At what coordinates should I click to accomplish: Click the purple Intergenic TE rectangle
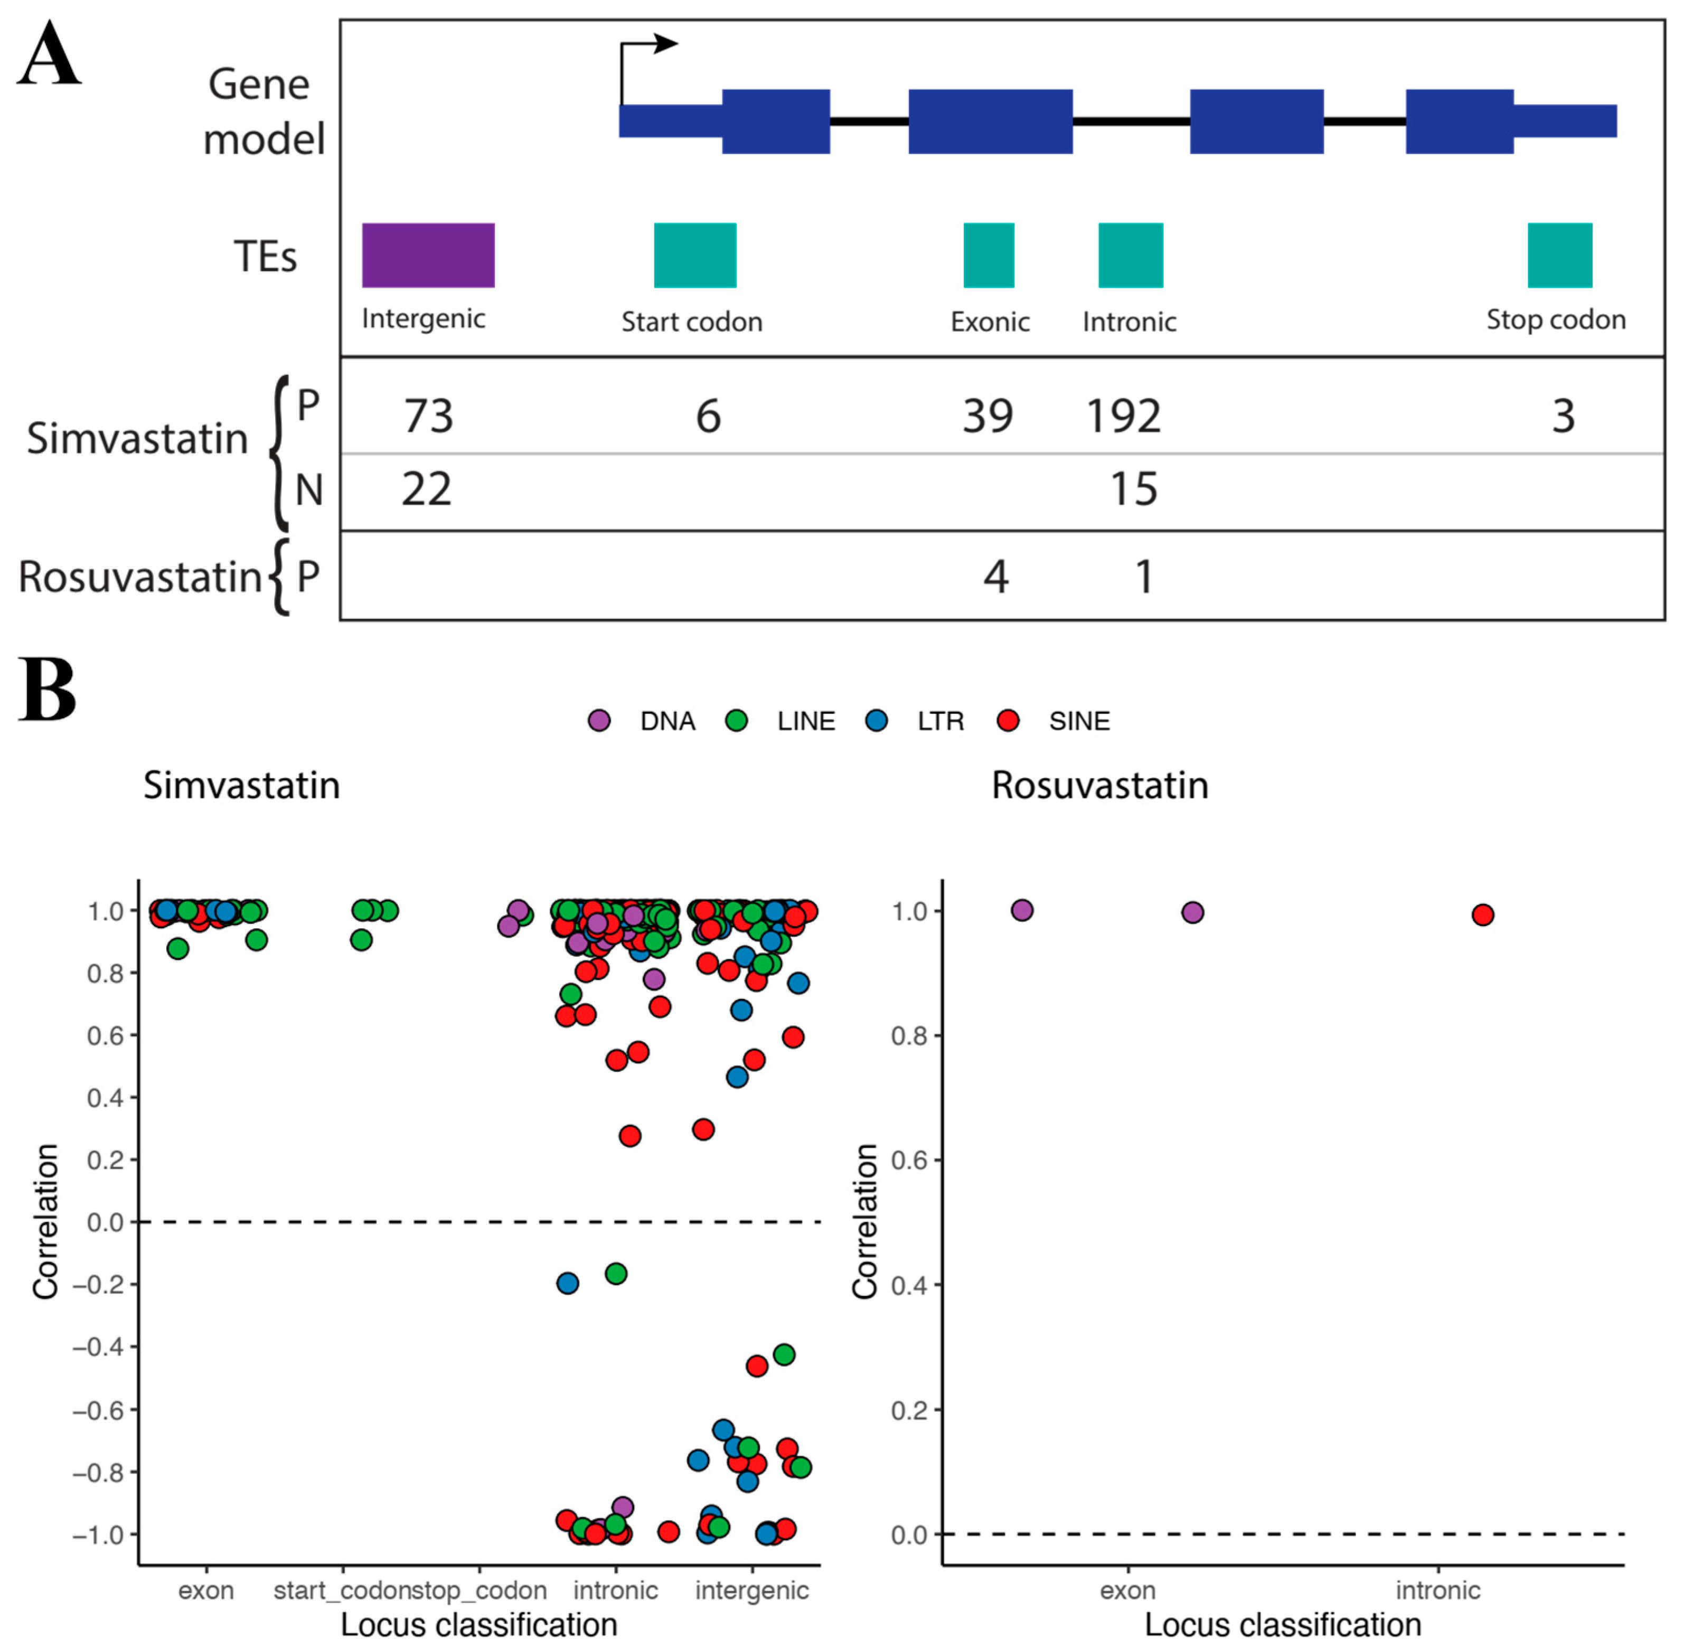428,255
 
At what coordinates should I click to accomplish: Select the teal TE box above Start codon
695,255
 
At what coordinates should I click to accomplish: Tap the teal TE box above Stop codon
1559,255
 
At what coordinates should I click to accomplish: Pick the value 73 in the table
428,416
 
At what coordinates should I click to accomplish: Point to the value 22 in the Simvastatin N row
427,489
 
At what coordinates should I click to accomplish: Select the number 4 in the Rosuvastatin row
996,577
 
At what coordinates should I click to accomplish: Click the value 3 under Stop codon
1563,416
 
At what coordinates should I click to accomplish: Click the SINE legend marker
1008,721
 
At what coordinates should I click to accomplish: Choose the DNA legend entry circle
599,721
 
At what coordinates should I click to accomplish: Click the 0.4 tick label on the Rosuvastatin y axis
909,1285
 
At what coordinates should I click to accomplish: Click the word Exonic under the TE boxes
990,323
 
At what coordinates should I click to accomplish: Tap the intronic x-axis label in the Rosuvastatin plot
1438,1591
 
